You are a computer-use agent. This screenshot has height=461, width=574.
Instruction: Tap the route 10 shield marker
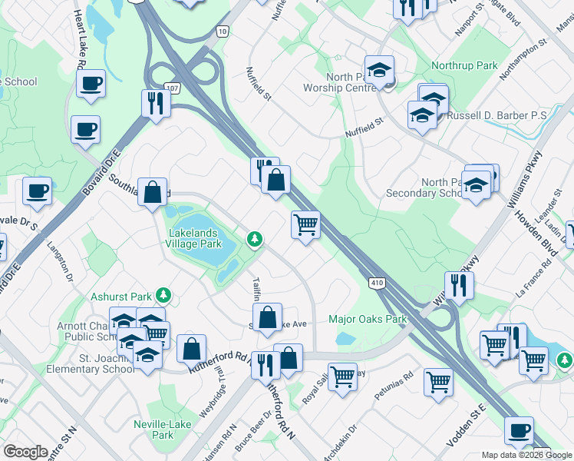click(x=222, y=30)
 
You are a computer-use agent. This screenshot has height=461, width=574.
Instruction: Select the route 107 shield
click(x=173, y=88)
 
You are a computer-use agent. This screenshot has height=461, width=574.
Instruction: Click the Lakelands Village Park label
click(x=193, y=238)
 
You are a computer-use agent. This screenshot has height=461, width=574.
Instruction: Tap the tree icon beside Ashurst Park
click(x=162, y=295)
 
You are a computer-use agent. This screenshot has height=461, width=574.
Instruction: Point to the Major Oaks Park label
click(x=367, y=319)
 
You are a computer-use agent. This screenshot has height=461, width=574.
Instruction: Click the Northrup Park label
click(x=464, y=66)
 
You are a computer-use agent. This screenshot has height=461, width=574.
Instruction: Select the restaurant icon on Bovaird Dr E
click(x=156, y=103)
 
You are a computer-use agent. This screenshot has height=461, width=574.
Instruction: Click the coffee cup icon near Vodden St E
click(x=520, y=430)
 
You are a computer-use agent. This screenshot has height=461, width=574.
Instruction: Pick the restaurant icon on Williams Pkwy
click(x=460, y=284)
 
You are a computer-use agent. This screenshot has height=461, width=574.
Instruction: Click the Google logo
click(x=25, y=452)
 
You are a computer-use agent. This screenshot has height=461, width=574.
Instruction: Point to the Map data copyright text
click(x=516, y=455)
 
